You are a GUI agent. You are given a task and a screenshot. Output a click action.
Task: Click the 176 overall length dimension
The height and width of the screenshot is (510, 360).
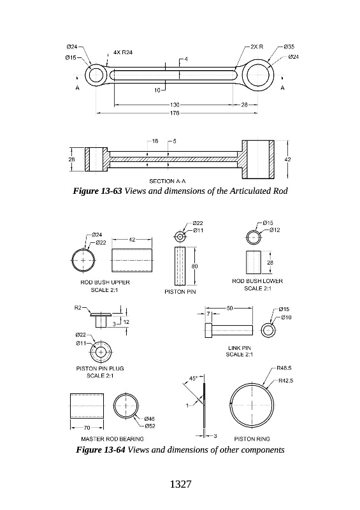(175, 113)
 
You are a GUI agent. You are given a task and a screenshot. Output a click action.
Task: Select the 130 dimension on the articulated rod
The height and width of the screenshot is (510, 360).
(175, 105)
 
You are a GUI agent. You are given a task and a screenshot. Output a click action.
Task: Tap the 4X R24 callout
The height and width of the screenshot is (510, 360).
(123, 52)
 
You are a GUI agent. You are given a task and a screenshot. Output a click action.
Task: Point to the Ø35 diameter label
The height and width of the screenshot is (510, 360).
(289, 47)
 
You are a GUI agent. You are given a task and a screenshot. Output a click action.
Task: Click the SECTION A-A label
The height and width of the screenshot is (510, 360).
(168, 181)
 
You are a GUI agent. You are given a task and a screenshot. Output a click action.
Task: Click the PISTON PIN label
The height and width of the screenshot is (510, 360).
(180, 292)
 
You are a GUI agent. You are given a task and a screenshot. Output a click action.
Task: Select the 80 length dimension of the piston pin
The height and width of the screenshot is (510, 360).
(194, 266)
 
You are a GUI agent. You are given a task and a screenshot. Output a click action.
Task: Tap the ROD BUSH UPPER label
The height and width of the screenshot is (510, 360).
(105, 282)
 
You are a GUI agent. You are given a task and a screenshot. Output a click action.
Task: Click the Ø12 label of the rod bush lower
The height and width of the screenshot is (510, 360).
(275, 230)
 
